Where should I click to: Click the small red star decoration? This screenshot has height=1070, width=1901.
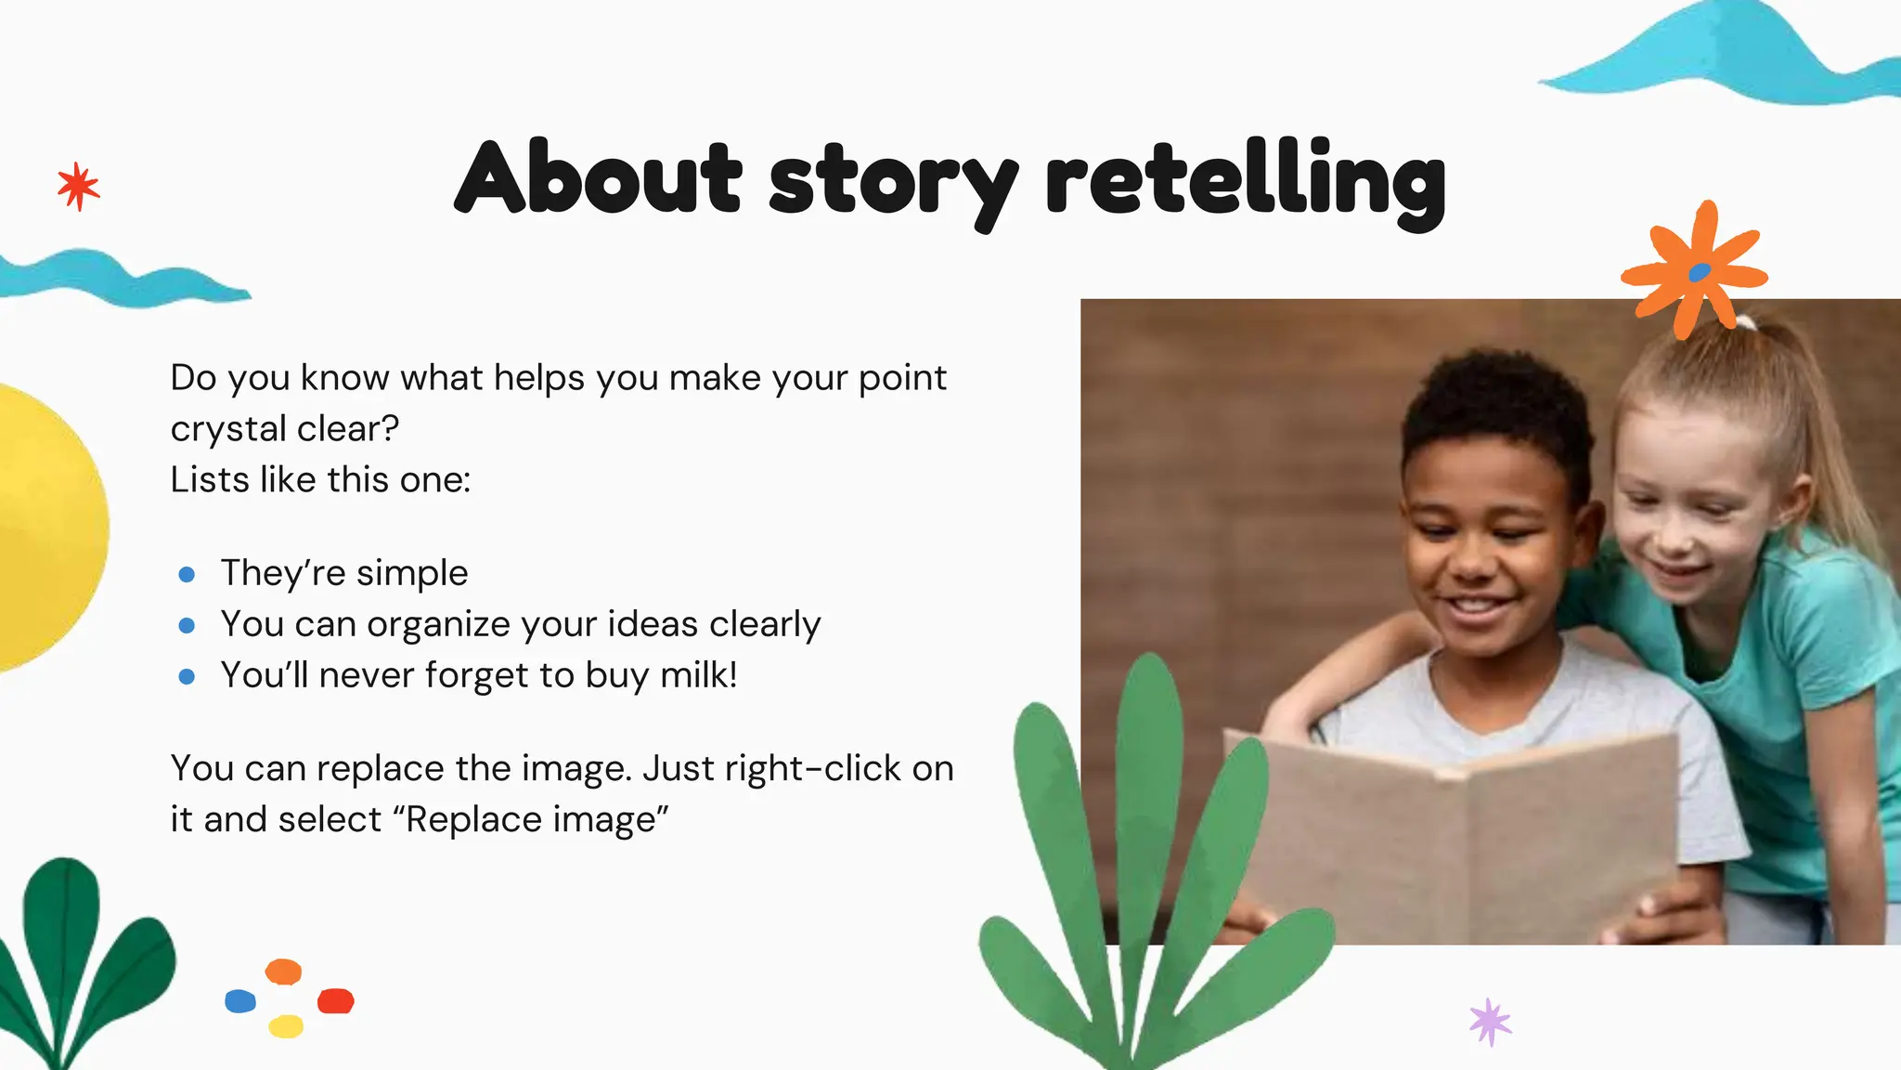(x=78, y=187)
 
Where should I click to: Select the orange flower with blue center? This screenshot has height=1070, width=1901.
(x=1695, y=270)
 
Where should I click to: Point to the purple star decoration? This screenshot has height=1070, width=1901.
(x=1490, y=1022)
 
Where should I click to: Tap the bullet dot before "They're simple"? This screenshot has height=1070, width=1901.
(x=187, y=575)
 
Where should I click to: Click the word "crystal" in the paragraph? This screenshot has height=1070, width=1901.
(x=227, y=429)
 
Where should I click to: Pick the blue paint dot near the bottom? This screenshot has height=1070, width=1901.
(x=240, y=1000)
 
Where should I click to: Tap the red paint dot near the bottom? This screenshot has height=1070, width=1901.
(x=335, y=1000)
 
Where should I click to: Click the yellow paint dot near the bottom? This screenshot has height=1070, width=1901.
(x=286, y=1026)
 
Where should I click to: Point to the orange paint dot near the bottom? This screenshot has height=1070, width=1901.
(x=283, y=972)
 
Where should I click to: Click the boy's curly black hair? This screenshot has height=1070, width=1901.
(x=1494, y=409)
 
